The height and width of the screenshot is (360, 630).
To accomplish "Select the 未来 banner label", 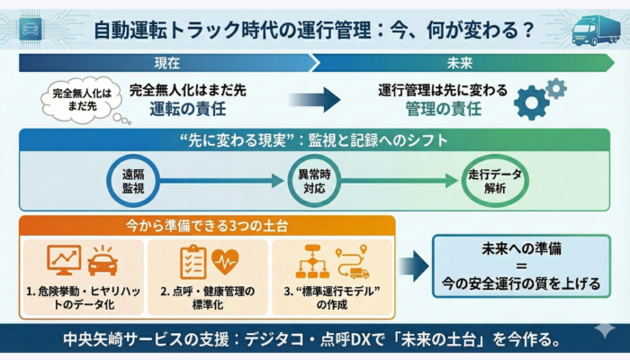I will tap(463, 63).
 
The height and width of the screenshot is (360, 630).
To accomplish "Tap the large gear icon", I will tap(531, 103).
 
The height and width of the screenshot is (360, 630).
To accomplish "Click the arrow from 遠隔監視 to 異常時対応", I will tap(222, 180).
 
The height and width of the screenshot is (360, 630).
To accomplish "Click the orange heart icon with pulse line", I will tap(224, 261).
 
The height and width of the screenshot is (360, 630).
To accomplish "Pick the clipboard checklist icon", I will tap(192, 261).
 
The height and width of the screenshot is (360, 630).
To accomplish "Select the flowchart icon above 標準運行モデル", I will tap(315, 261).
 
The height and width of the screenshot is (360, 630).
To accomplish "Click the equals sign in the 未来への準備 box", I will tap(517, 266).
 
